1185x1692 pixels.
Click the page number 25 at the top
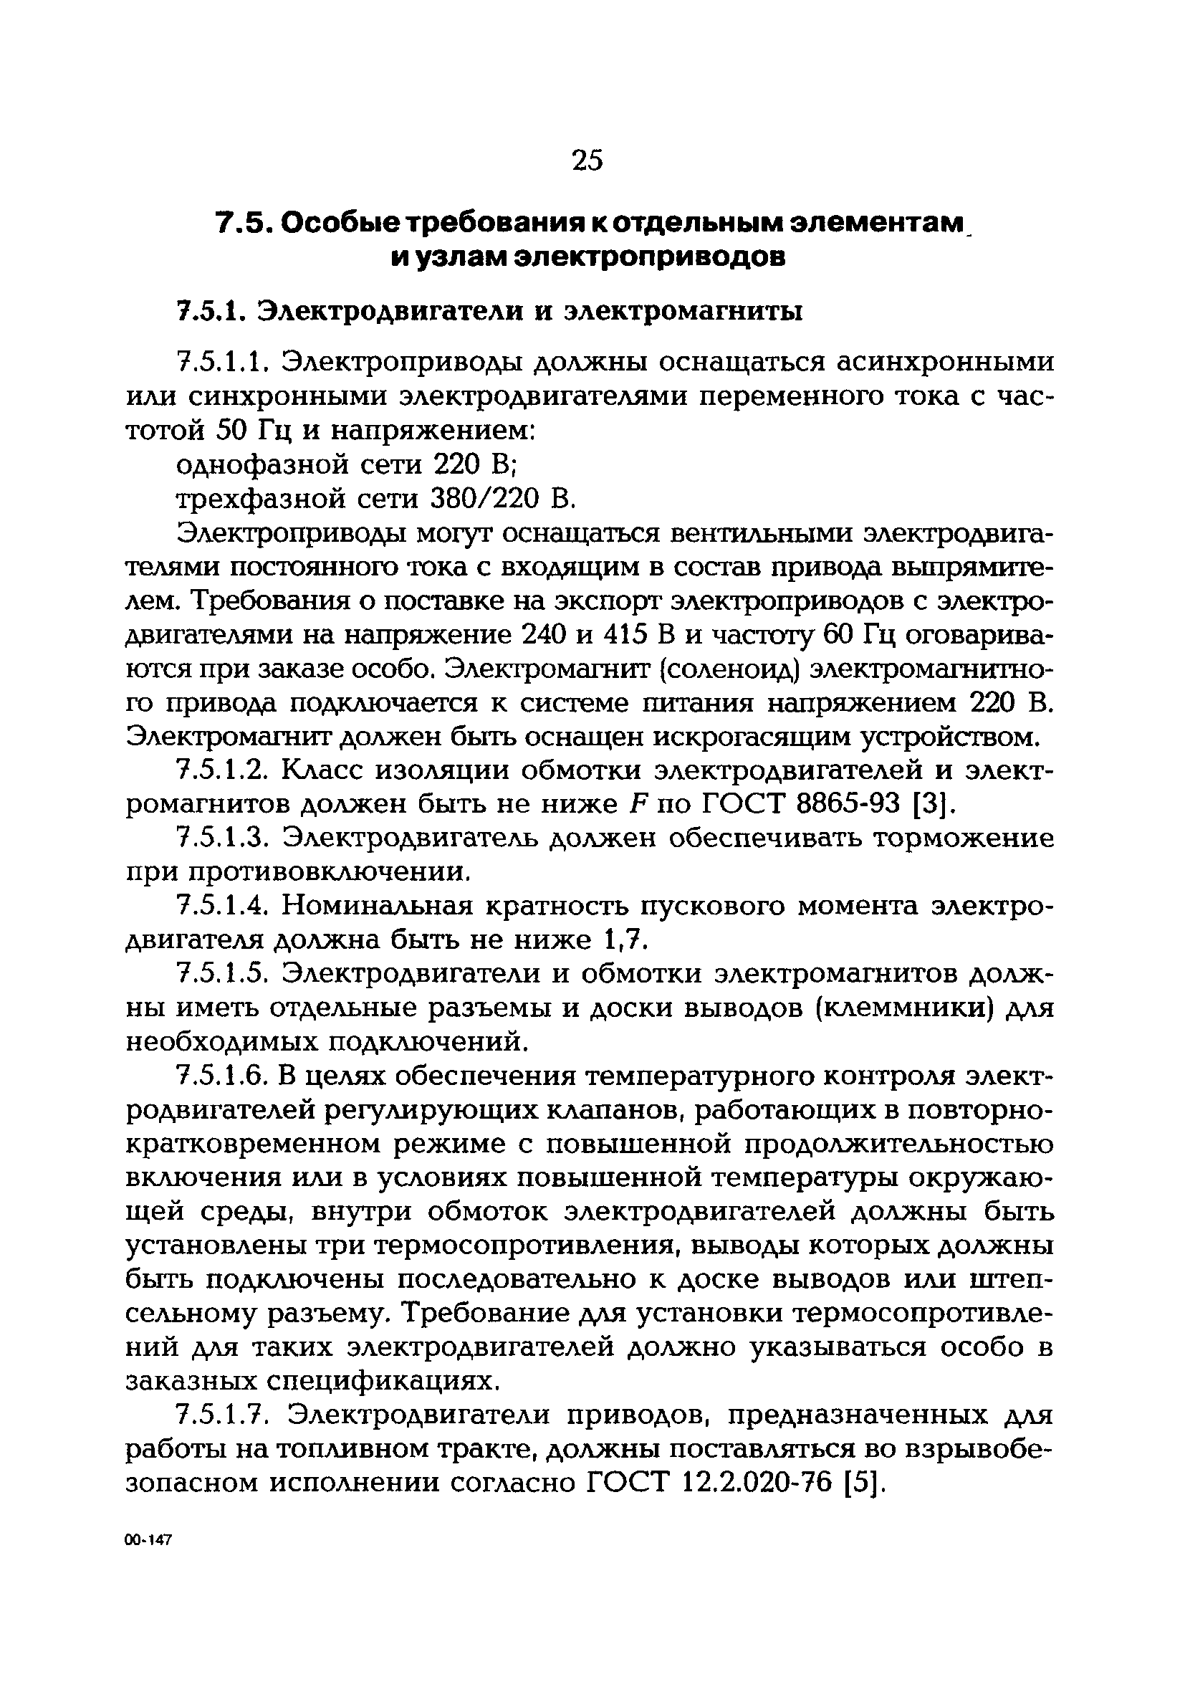587,160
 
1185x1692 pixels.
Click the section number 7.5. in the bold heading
244,223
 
